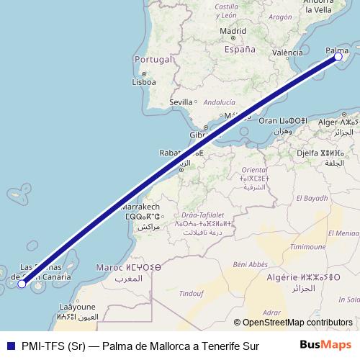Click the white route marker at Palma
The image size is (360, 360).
[338, 57]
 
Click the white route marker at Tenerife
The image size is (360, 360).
[22, 284]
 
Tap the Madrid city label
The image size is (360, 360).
[233, 31]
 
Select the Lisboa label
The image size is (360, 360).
[144, 82]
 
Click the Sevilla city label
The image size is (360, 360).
[181, 102]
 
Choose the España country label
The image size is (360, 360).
[240, 50]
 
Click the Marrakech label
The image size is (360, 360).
[142, 207]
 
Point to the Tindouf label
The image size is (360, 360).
[192, 292]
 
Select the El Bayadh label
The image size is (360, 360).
[312, 197]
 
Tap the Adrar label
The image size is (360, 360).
[271, 313]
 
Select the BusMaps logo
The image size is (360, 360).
[325, 345]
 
